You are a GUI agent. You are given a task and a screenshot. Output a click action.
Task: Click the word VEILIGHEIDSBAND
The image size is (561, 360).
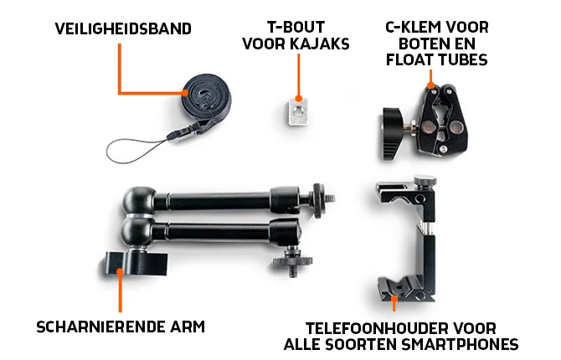(123, 28)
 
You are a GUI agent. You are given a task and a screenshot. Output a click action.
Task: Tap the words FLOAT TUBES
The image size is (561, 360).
(436, 60)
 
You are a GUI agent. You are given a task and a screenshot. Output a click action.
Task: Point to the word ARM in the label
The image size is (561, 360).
(189, 326)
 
